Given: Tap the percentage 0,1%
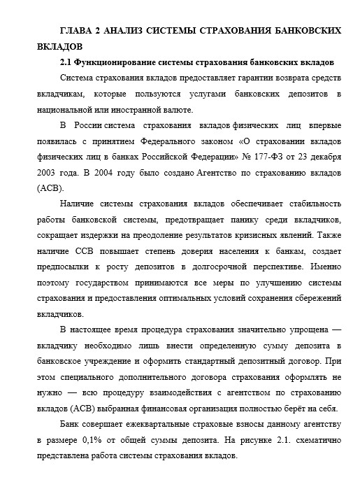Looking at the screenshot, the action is pyautogui.click(x=101, y=441).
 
